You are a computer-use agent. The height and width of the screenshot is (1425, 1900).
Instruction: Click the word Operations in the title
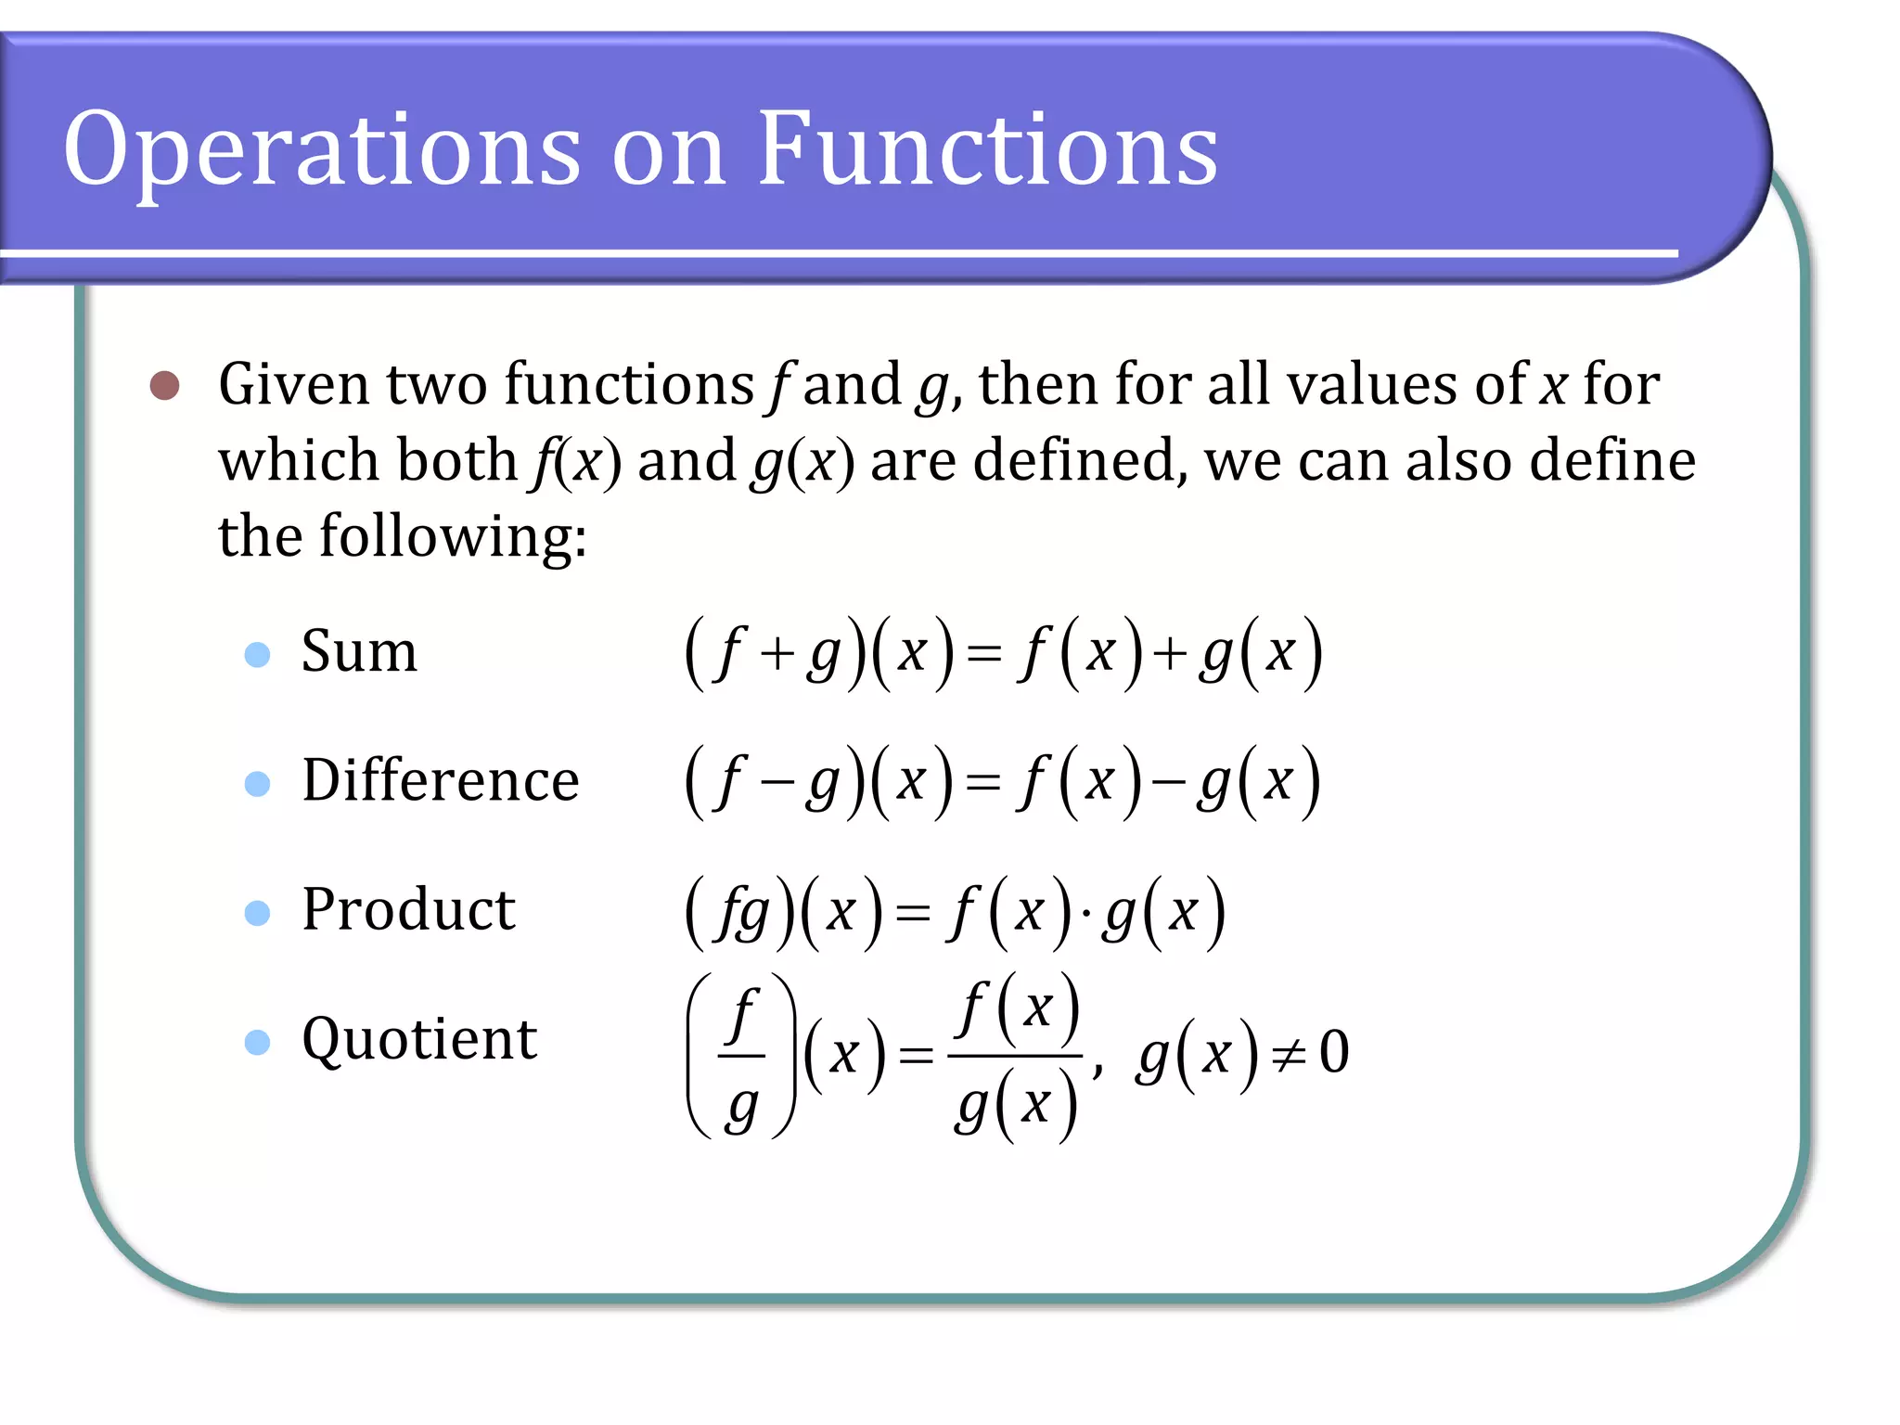[321, 148]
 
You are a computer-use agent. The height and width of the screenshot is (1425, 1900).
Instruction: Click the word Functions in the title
[987, 148]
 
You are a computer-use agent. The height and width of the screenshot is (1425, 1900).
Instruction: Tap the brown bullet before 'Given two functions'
[165, 385]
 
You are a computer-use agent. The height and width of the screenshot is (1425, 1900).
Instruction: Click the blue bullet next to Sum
[257, 655]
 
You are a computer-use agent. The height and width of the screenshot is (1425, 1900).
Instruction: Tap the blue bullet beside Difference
[257, 784]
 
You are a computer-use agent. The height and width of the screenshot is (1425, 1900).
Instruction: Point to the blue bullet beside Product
[257, 913]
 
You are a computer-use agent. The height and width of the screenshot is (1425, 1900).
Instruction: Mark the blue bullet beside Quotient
[257, 1042]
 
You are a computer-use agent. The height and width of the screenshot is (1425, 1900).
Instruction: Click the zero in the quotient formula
[1334, 1052]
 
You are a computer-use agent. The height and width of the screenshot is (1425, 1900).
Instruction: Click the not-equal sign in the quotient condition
[1289, 1055]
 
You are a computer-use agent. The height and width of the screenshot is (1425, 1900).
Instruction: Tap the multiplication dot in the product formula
[1085, 914]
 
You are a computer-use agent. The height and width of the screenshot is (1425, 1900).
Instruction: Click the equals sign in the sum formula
[983, 655]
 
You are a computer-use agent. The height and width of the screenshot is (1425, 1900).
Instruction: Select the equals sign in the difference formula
[983, 784]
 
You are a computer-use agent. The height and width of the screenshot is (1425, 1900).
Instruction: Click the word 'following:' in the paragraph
[453, 537]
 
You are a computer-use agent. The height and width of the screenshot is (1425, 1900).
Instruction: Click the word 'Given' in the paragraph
[293, 385]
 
